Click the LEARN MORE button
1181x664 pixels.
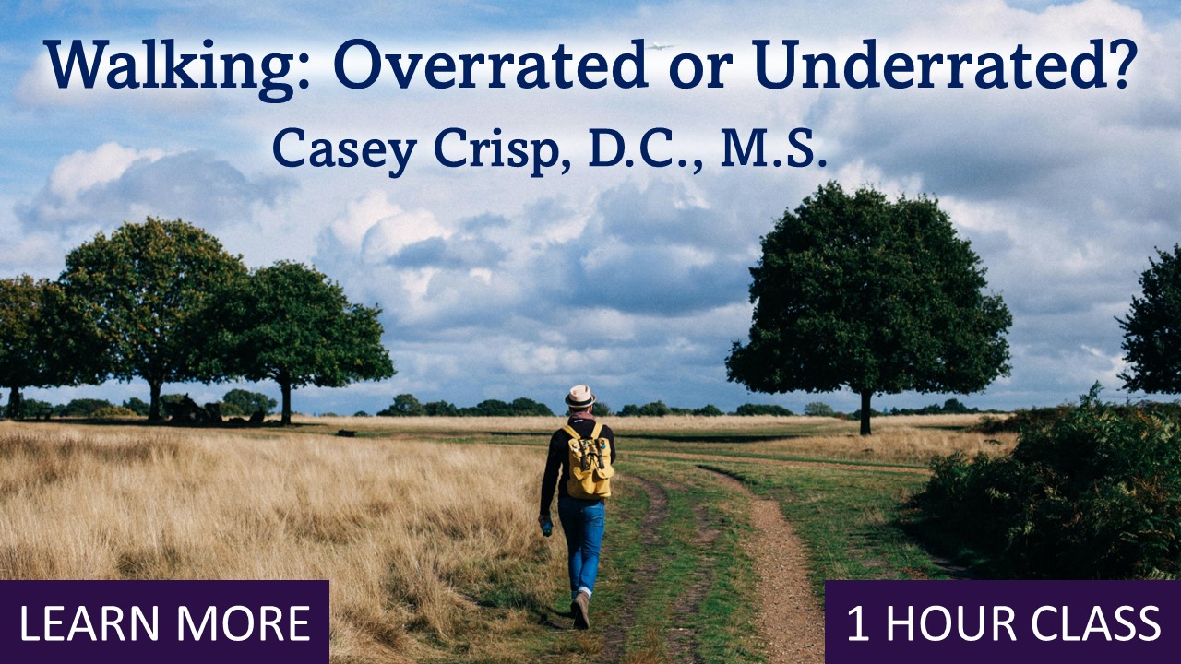click(x=164, y=622)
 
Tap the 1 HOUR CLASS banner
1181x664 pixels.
click(x=1003, y=622)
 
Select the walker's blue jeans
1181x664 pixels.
click(x=581, y=544)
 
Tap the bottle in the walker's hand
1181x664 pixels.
click(x=547, y=528)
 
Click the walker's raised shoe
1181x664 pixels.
click(x=580, y=610)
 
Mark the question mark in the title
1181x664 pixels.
click(x=1122, y=65)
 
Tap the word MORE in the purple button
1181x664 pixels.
click(x=255, y=623)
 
